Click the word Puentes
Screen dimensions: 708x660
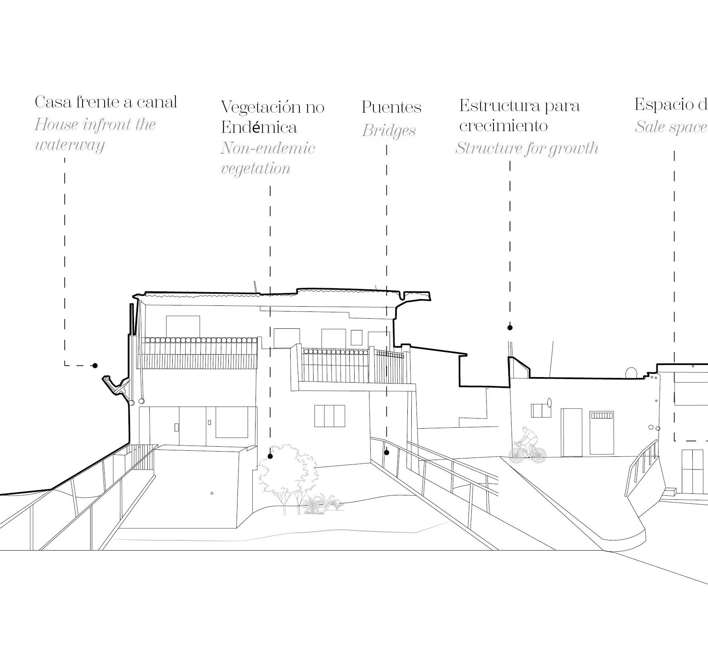[x=391, y=107]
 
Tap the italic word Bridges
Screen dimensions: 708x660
[x=388, y=131]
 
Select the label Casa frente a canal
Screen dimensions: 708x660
[x=105, y=102]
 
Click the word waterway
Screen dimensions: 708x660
[x=70, y=145]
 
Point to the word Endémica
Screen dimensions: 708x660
[x=259, y=127]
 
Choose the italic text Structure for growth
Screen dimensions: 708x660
[x=526, y=148]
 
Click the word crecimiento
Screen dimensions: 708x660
[x=503, y=126]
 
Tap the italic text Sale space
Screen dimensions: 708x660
[x=671, y=127]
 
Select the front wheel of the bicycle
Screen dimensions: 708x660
[x=537, y=454]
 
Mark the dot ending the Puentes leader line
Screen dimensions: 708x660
[x=386, y=452]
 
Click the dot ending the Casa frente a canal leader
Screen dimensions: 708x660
[x=95, y=365]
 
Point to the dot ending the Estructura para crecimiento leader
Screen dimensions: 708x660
[x=510, y=328]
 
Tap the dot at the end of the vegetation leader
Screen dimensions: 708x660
[x=270, y=456]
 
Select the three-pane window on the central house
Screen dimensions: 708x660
[x=330, y=416]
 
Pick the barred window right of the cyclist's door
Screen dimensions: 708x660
[x=602, y=432]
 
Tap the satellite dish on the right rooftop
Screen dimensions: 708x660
[x=631, y=373]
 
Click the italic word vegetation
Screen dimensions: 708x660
[x=256, y=168]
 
